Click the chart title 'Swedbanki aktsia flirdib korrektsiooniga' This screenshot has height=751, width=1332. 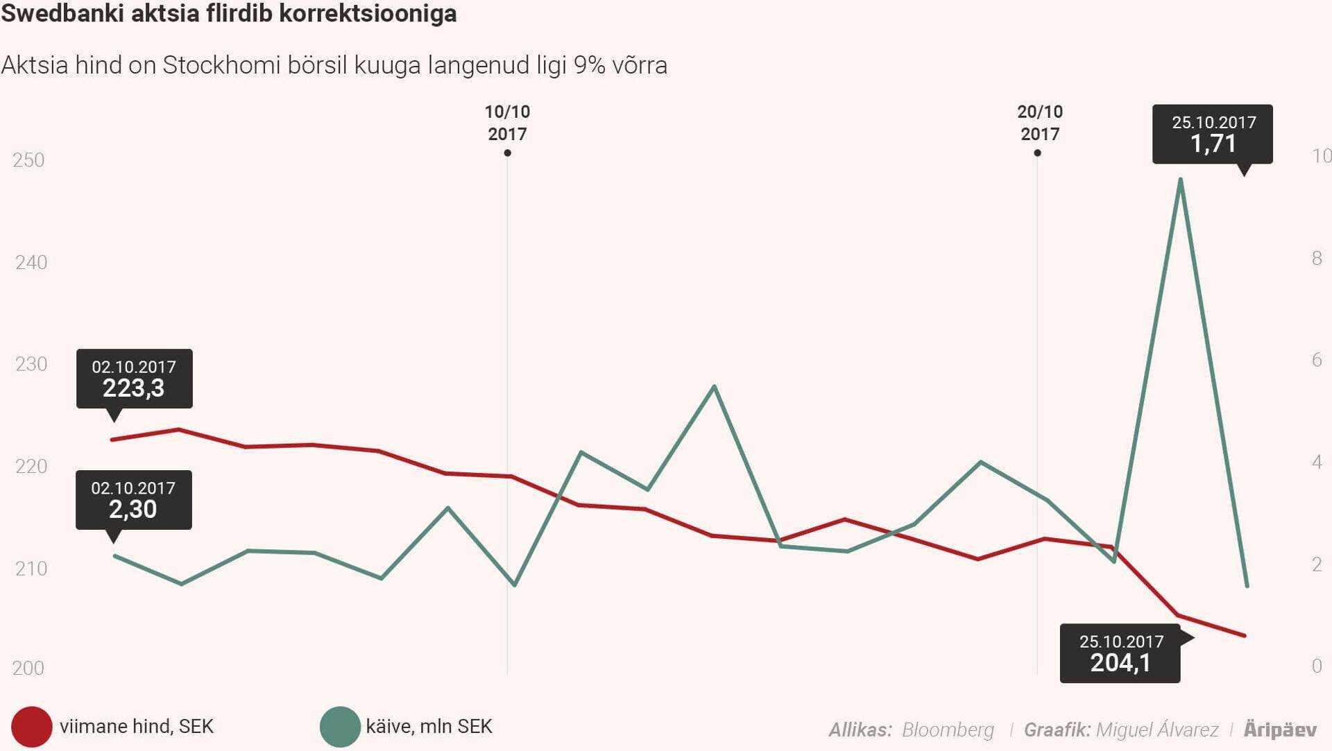(228, 13)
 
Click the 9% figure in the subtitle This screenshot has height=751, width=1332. (589, 65)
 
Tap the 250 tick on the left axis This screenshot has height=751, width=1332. (28, 160)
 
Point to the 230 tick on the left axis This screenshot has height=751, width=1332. (31, 364)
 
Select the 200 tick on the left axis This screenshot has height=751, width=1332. (28, 668)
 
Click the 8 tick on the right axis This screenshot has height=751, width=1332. (1317, 259)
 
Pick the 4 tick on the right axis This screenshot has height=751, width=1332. (1317, 462)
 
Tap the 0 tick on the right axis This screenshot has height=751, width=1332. (1317, 666)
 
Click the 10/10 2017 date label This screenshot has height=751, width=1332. (507, 123)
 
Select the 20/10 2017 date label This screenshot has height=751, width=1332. (1039, 123)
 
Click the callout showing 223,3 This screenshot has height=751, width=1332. (134, 379)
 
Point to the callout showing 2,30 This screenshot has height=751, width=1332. (133, 500)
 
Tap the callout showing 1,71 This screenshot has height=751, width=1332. (1213, 134)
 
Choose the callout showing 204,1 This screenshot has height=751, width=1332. (1120, 653)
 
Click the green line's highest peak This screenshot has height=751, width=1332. (1180, 180)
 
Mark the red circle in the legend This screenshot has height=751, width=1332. (31, 727)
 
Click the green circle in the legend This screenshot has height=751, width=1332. (339, 727)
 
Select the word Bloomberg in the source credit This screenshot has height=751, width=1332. (948, 730)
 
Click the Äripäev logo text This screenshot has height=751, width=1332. (1279, 730)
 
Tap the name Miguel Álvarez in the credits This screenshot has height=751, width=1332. (1156, 730)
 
